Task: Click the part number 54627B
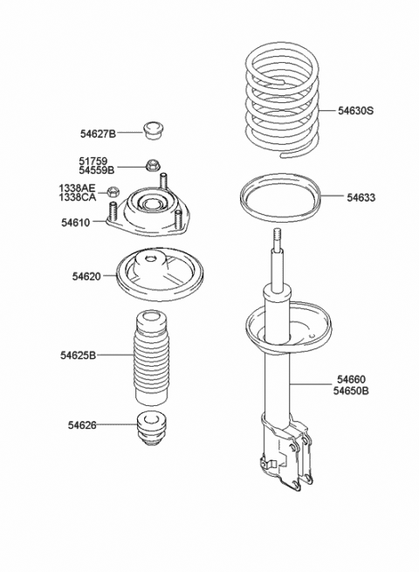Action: coord(98,134)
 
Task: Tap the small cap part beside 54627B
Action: coord(155,131)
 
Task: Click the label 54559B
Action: coord(98,170)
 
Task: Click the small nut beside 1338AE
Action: coord(113,192)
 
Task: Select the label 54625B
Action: coord(79,355)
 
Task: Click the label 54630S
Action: coord(356,111)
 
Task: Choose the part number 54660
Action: coord(352,380)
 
